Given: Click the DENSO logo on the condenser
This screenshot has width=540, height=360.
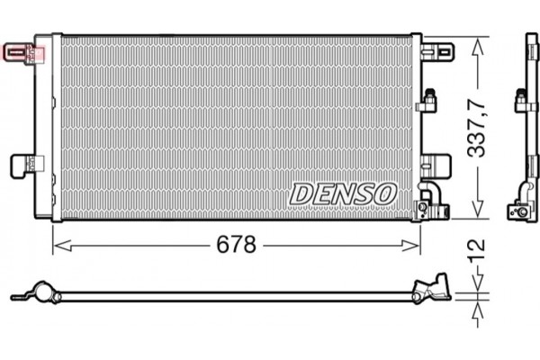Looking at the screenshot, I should click(343, 193).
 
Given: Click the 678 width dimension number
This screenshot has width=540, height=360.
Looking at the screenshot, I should click(237, 245).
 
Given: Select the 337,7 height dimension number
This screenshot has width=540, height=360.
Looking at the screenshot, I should click(476, 128).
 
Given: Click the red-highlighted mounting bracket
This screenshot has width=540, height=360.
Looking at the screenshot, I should click(22, 51).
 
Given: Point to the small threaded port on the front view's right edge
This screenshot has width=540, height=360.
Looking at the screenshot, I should click(429, 100).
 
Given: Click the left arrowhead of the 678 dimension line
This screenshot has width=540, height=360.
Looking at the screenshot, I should click(57, 245).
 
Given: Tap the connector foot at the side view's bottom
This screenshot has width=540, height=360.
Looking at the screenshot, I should click(519, 210).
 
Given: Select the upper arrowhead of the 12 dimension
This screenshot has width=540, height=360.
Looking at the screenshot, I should click(476, 286).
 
